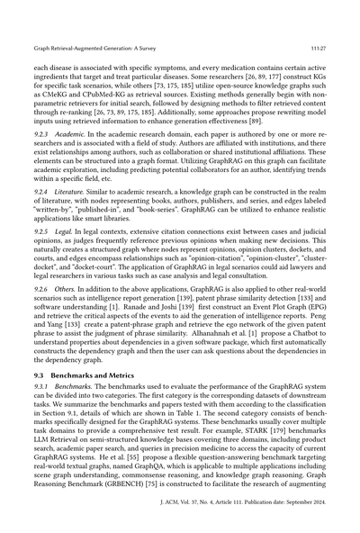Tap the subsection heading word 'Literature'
[70, 191]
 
